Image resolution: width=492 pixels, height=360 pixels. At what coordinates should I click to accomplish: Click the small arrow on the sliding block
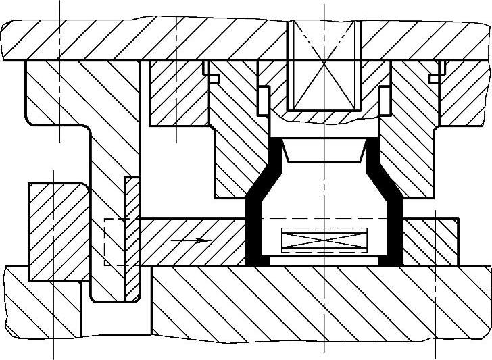pyautogui.click(x=191, y=240)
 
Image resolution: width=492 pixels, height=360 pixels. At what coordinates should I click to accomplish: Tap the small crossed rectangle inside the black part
pyautogui.click(x=322, y=240)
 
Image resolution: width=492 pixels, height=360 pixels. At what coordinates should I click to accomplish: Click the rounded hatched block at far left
pyautogui.click(x=57, y=230)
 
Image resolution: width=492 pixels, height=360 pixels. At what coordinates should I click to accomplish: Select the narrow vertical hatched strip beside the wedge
pyautogui.click(x=132, y=236)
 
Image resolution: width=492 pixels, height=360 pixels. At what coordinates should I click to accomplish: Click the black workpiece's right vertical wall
pyautogui.click(x=397, y=230)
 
